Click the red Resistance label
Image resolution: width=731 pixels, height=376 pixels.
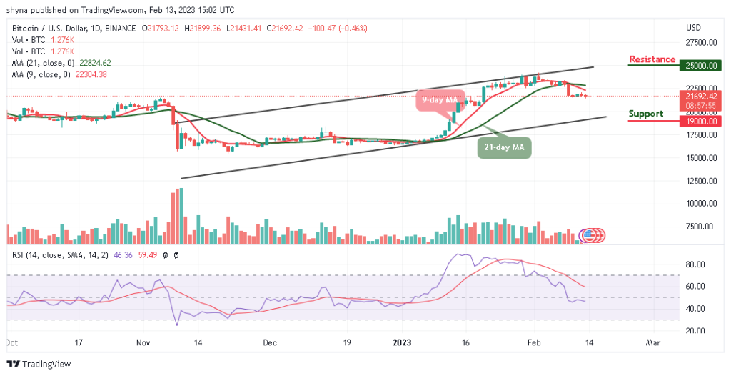[652, 59]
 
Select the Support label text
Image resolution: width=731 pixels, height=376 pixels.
[645, 114]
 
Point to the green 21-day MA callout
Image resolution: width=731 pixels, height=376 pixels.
[505, 147]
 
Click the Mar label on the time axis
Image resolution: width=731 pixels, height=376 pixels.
[652, 342]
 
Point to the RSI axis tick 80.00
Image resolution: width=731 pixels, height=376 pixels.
[695, 264]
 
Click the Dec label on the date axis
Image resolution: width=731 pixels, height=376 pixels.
[269, 342]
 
